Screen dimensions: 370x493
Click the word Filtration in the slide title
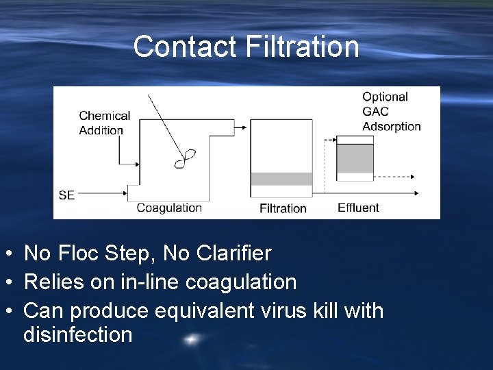[302, 47]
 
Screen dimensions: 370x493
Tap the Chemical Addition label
[104, 123]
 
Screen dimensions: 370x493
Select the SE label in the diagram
[66, 195]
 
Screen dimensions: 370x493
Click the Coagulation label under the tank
[169, 208]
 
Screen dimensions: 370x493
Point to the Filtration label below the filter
[283, 208]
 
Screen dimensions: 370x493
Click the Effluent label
[358, 208]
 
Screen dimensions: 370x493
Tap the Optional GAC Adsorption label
[391, 112]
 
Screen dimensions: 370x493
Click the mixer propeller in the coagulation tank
[185, 158]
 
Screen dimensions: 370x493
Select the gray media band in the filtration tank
[281, 180]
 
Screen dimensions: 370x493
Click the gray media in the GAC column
[355, 159]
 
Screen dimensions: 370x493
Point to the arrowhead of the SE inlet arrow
[125, 195]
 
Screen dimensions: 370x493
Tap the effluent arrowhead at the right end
[417, 195]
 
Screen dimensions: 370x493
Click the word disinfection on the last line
[77, 335]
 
